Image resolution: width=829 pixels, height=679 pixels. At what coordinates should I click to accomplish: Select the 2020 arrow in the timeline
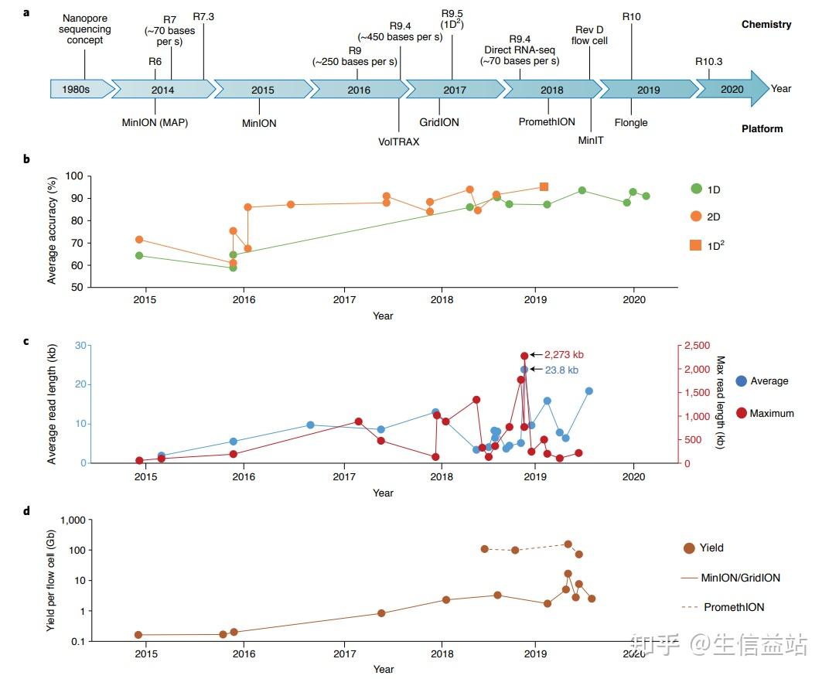pyautogui.click(x=731, y=89)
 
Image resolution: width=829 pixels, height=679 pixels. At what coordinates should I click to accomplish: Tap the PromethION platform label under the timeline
pyautogui.click(x=547, y=122)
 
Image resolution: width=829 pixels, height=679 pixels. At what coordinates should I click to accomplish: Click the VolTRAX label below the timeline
pyautogui.click(x=398, y=142)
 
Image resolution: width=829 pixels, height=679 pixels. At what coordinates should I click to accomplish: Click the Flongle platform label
pyautogui.click(x=631, y=122)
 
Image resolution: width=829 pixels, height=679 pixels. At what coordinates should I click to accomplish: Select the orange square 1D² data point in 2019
pyautogui.click(x=544, y=186)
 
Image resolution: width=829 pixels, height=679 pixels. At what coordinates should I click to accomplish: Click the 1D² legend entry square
pyautogui.click(x=696, y=245)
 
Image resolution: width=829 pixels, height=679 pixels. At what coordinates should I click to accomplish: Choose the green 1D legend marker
pyautogui.click(x=696, y=189)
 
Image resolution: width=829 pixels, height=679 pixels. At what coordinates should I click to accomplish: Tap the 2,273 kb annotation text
pyautogui.click(x=564, y=355)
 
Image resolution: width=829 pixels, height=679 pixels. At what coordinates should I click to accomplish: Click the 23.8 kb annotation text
pyautogui.click(x=561, y=370)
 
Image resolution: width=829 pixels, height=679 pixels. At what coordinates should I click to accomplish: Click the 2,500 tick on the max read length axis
pyautogui.click(x=696, y=345)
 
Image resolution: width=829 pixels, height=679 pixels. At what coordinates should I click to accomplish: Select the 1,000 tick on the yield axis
pyautogui.click(x=70, y=520)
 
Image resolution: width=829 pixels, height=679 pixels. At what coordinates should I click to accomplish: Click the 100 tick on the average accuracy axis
pyautogui.click(x=73, y=176)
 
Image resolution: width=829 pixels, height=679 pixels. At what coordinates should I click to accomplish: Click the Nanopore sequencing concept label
pyautogui.click(x=85, y=29)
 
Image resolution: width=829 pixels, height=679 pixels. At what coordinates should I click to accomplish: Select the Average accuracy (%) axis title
pyautogui.click(x=53, y=231)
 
